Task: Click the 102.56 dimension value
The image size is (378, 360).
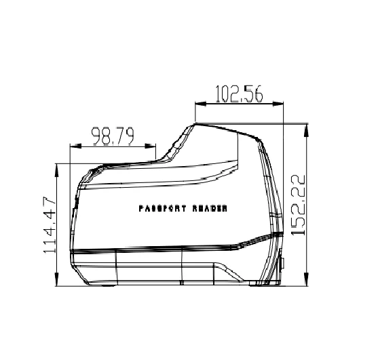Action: click(x=238, y=94)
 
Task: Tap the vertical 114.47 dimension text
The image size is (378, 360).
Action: click(x=49, y=224)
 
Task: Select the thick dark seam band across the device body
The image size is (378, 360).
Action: click(x=156, y=249)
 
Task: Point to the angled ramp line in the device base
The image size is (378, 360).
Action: click(x=227, y=270)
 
